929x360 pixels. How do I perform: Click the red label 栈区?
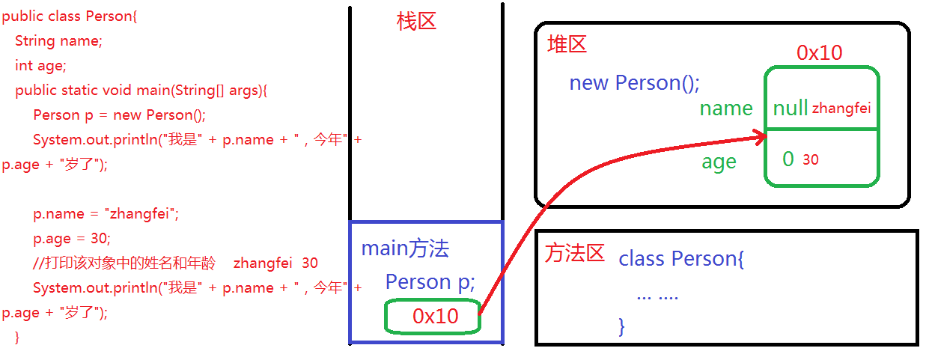click(x=416, y=22)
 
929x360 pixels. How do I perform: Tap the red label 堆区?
click(x=567, y=44)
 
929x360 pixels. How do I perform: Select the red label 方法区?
click(x=574, y=254)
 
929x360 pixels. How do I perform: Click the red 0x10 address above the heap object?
click(x=819, y=52)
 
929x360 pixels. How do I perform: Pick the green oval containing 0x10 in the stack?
click(x=432, y=317)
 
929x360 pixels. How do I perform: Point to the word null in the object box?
click(x=790, y=109)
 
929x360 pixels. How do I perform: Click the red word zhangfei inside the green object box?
click(x=841, y=109)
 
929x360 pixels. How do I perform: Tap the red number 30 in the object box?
click(x=810, y=159)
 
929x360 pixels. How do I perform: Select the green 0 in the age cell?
click(x=788, y=159)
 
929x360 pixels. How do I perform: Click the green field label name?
click(x=725, y=109)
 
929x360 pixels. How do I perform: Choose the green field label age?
click(x=719, y=162)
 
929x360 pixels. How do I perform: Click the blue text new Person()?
click(x=634, y=82)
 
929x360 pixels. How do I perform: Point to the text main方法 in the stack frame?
click(x=405, y=248)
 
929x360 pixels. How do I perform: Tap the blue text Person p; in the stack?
click(x=430, y=282)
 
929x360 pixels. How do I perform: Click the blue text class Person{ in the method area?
click(x=681, y=259)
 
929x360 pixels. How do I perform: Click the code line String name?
click(x=58, y=41)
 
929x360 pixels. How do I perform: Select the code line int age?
click(x=40, y=66)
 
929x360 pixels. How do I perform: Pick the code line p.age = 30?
click(x=71, y=239)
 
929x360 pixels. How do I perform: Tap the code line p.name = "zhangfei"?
click(x=106, y=214)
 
